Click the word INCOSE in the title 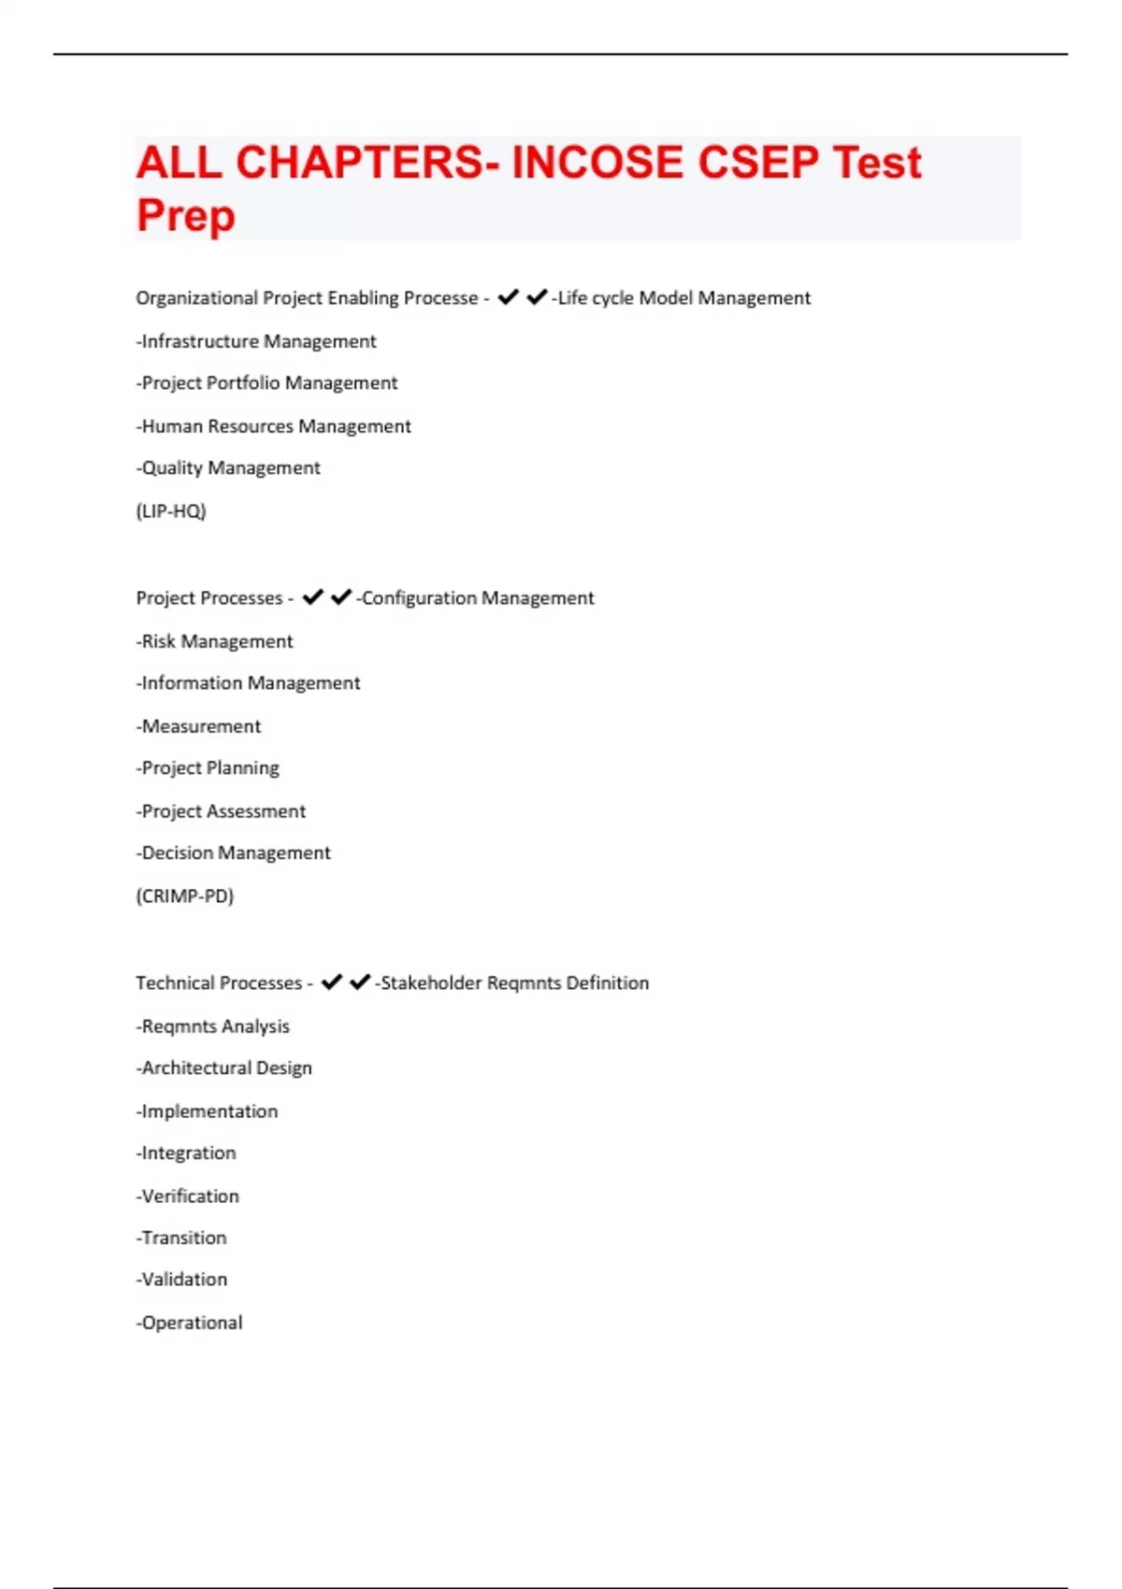[597, 163]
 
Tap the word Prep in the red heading [186, 215]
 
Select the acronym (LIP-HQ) [171, 511]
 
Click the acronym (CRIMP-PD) [185, 896]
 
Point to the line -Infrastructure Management [256, 342]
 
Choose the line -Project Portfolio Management [266, 383]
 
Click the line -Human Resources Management [274, 426]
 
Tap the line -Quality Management [228, 468]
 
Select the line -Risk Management [214, 642]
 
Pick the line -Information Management [248, 683]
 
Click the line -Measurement [198, 726]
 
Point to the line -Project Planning [208, 768]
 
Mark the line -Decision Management [233, 853]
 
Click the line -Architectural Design [223, 1068]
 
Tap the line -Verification [187, 1196]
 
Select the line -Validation [181, 1280]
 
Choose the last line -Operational [189, 1323]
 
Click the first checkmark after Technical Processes [331, 982]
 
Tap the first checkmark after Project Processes [312, 597]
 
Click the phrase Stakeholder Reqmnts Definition [514, 983]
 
